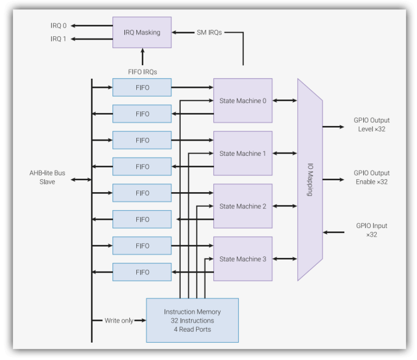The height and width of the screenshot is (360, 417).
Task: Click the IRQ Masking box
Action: (142, 32)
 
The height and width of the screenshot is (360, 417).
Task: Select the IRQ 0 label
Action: (59, 26)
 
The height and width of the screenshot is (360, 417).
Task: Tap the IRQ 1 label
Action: (59, 39)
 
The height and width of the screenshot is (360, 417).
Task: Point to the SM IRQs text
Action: (209, 33)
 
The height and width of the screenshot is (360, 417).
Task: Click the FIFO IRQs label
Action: (142, 72)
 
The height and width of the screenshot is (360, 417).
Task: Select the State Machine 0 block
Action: (243, 100)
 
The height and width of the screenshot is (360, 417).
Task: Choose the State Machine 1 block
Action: (243, 153)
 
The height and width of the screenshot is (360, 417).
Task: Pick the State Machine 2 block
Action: (243, 206)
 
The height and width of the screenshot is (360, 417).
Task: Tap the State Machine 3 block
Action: (243, 259)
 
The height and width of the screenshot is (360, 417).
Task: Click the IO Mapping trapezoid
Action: (310, 179)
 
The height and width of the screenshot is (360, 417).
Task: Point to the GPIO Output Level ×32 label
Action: (371, 124)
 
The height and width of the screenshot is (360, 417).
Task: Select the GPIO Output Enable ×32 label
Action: (371, 177)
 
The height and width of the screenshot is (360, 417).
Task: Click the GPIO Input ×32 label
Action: (371, 230)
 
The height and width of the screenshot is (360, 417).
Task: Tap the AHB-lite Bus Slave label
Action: (47, 177)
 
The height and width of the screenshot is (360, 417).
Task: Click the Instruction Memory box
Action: (192, 320)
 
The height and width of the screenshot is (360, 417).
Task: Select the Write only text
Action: (119, 320)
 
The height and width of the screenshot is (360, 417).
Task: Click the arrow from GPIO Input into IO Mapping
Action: (334, 232)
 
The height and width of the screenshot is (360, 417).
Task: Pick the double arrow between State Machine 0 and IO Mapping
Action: (285, 100)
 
